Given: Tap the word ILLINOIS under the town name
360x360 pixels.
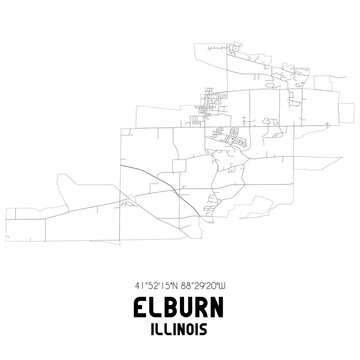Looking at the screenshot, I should (180, 324).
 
